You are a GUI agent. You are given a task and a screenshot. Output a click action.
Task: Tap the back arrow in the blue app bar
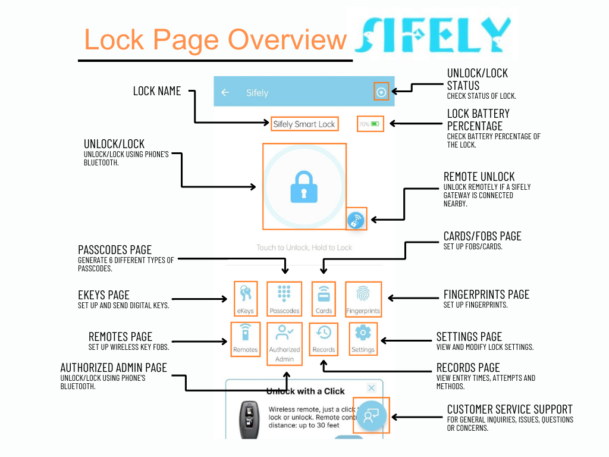tap(225, 92)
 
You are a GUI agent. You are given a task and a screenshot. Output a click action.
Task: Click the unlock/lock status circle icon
tap(381, 92)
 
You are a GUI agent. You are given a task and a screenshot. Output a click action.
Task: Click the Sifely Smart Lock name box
tap(304, 124)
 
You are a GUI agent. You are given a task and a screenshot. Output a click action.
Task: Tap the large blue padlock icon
tap(304, 186)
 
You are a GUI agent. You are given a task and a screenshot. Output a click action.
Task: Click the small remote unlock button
tap(356, 220)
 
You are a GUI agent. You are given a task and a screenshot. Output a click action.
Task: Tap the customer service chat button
tap(371, 415)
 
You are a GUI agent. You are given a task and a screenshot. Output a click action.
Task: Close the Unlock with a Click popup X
tap(372, 388)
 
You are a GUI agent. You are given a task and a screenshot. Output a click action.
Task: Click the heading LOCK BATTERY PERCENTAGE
tap(478, 120)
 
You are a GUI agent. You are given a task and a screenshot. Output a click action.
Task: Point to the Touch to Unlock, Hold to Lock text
tap(304, 248)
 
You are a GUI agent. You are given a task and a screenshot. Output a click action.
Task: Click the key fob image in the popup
tap(248, 420)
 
